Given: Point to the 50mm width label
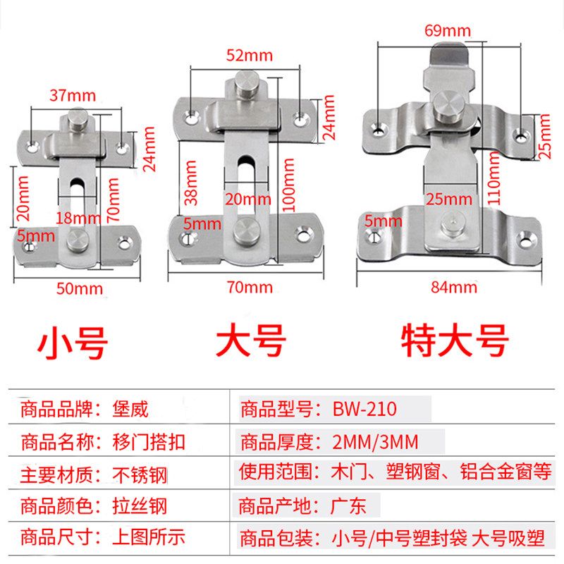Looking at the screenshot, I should pyautogui.click(x=79, y=288).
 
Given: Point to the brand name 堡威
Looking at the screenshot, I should pyautogui.click(x=130, y=408).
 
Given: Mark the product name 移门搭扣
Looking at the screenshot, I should pyautogui.click(x=147, y=442).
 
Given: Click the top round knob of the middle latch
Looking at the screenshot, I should pyautogui.click(x=247, y=88).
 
